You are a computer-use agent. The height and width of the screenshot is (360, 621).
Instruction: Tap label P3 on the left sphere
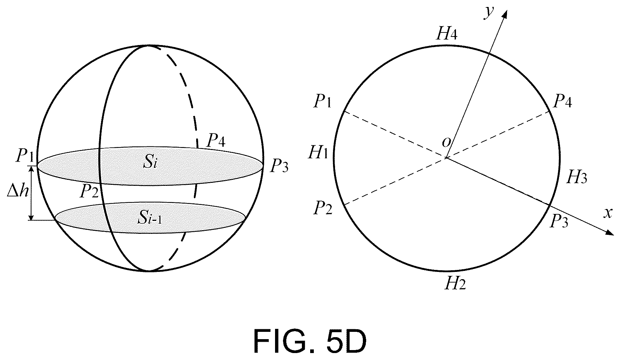click(x=279, y=166)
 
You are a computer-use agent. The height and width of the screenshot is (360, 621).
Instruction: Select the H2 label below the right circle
click(x=455, y=283)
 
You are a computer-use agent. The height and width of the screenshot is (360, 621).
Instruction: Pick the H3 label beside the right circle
click(x=577, y=178)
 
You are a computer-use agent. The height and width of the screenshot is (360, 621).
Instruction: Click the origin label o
click(x=446, y=142)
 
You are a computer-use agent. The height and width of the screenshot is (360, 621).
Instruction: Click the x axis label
click(x=607, y=213)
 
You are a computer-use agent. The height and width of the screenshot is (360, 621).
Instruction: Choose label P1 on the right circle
click(x=322, y=101)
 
